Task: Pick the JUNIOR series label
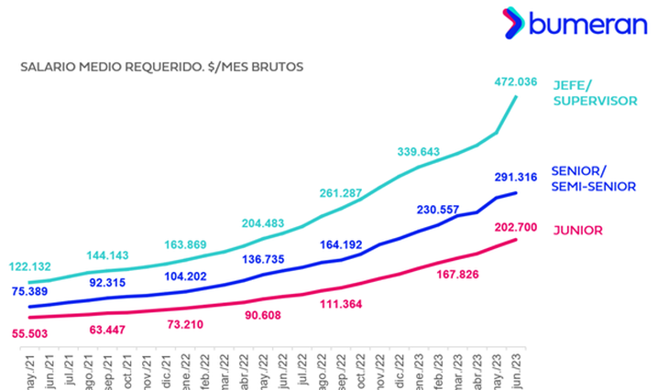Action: (x=578, y=230)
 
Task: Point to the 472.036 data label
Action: (x=514, y=81)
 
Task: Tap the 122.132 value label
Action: (x=31, y=266)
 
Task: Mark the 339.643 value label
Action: (x=421, y=151)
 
